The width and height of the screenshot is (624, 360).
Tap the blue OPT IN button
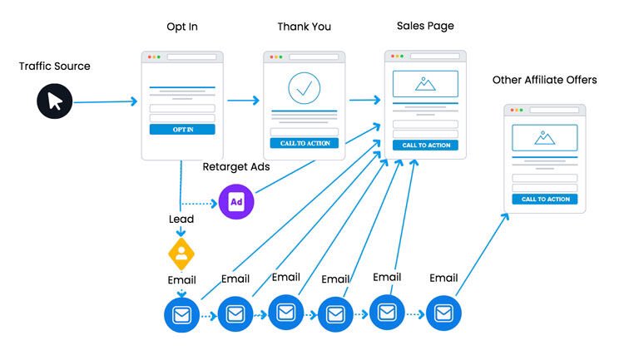[182, 129]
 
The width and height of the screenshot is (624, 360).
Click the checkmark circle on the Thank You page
[304, 87]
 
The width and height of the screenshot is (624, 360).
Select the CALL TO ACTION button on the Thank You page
[304, 143]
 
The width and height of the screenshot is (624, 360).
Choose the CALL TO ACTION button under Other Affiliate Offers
[545, 199]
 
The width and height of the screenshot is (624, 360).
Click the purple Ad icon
[235, 200]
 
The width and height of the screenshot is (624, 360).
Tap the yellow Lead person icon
[181, 251]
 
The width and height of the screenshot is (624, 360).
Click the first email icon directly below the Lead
[181, 314]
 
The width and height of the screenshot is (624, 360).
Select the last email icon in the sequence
[443, 313]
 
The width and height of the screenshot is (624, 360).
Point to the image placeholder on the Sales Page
[425, 83]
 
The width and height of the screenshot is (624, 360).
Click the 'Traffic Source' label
[55, 66]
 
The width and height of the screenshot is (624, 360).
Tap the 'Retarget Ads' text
[236, 167]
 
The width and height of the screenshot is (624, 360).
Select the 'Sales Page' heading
[425, 26]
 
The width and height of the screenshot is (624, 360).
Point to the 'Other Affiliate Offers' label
[544, 80]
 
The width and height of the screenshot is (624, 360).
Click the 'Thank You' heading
[304, 27]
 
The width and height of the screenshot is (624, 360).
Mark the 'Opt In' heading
[181, 27]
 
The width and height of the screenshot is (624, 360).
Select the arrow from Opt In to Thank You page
[243, 101]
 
